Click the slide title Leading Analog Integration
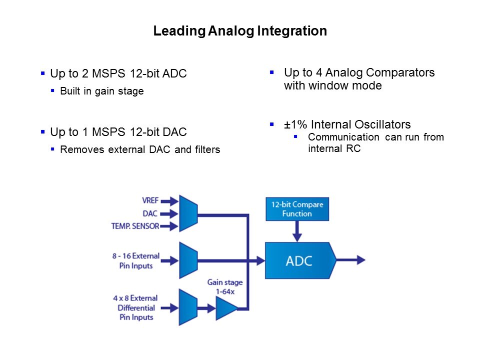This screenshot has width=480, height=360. (240, 31)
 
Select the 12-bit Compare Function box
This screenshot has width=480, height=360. (297, 209)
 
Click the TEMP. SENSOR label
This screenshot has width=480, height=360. (135, 226)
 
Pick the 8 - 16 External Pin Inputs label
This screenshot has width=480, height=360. (136, 260)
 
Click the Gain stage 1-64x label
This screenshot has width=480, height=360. (221, 287)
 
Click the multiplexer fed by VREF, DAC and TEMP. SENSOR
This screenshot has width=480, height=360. (188, 213)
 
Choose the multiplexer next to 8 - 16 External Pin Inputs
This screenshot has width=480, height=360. (188, 260)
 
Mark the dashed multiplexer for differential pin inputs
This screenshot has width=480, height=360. (188, 307)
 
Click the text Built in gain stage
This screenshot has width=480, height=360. (101, 91)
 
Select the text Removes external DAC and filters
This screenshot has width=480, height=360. (140, 149)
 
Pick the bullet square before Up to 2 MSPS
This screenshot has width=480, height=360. (42, 73)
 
